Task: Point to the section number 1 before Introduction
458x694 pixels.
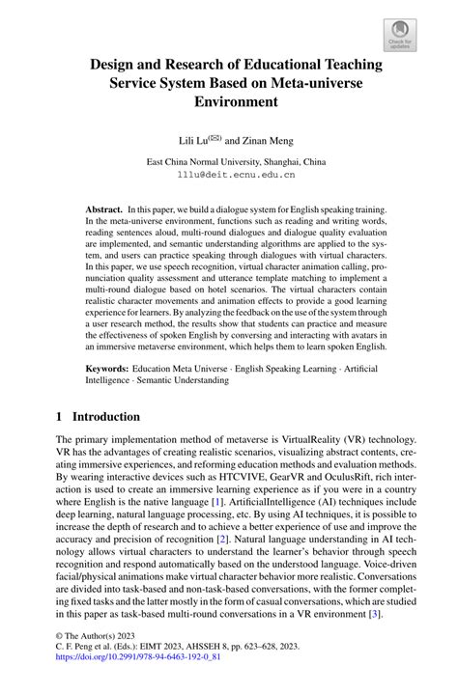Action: [60, 417]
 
